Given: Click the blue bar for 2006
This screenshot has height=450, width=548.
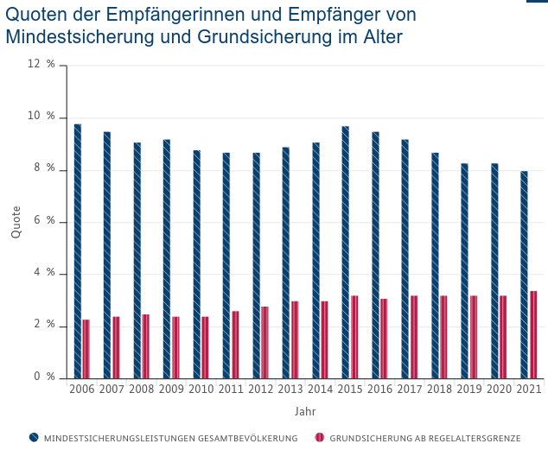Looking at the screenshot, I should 78,251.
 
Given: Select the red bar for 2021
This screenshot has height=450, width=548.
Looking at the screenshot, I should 533,334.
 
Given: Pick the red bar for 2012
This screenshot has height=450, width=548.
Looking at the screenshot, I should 265,342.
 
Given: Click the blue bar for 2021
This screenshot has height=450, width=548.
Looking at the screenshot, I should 524,275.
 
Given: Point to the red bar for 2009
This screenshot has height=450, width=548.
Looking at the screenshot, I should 175,347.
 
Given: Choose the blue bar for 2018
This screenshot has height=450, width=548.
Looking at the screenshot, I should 435,265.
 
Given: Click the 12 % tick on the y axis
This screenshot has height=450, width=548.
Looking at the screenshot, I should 45,64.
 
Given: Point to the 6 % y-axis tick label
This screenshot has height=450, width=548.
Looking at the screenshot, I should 45,221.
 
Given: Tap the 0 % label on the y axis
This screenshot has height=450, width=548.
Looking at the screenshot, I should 45,377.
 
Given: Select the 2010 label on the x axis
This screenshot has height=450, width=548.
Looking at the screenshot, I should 201,390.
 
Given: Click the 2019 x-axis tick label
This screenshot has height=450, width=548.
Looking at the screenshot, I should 468,390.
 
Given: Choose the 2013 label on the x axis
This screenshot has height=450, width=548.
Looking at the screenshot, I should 290,390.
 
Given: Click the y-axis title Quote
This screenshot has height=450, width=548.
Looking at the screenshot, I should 16,221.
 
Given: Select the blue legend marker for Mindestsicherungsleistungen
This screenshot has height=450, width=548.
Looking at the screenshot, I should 34,438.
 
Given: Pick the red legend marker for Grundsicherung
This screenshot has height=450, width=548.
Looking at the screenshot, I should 320,438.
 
